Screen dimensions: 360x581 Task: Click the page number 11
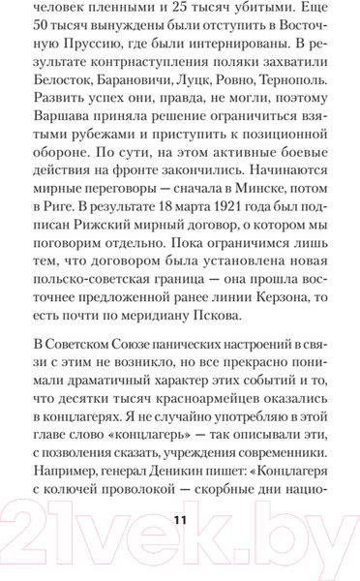(x=179, y=520)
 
